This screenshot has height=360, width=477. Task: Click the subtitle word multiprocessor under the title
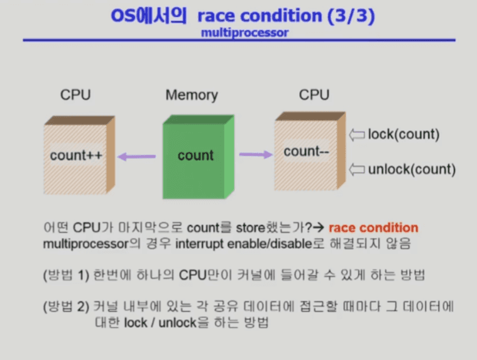(x=244, y=33)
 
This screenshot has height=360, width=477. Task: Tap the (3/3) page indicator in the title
(x=351, y=15)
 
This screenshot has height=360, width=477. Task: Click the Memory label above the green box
(x=192, y=95)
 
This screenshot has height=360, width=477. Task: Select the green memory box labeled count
(x=199, y=156)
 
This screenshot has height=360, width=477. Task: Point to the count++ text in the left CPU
(x=76, y=155)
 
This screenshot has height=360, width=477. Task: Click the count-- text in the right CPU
(x=306, y=151)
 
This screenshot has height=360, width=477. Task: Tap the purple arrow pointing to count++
(x=136, y=156)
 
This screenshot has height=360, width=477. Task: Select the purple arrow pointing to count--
(x=256, y=155)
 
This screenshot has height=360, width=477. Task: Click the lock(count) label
(x=403, y=134)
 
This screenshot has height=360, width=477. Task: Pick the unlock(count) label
(x=412, y=169)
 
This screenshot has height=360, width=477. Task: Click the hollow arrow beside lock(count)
(x=357, y=134)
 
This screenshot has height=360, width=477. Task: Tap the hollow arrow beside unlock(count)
(x=357, y=170)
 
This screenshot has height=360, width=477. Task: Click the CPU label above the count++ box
(x=75, y=95)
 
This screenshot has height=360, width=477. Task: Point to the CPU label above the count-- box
(x=314, y=95)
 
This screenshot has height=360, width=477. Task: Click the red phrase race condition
(x=373, y=227)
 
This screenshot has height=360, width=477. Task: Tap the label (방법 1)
(x=66, y=275)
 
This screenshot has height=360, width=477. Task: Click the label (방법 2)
(x=66, y=306)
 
